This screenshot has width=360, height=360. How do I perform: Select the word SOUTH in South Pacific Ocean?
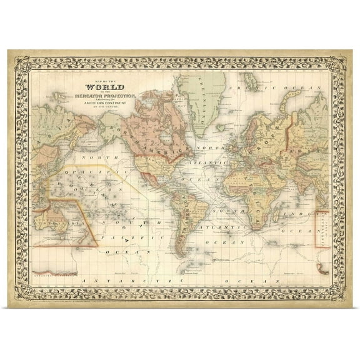point(122,222)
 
